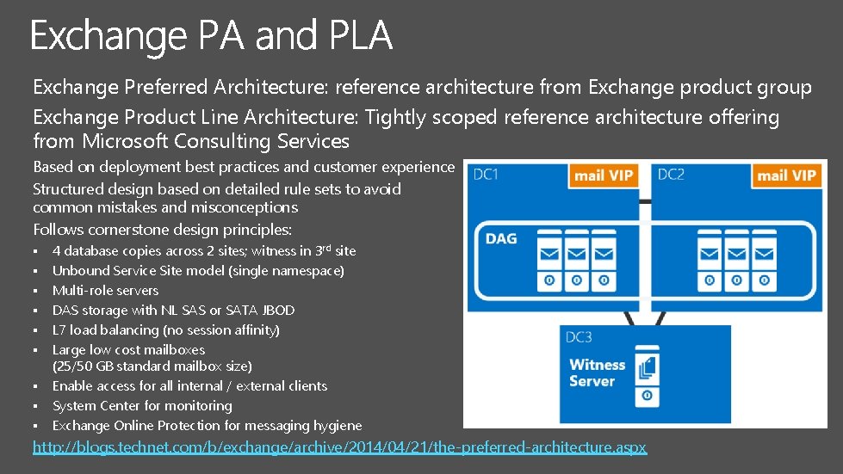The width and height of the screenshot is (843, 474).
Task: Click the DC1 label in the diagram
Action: tap(487, 175)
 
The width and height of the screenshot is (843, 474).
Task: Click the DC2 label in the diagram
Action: tap(671, 175)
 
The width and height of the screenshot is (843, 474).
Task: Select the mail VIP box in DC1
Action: tap(604, 175)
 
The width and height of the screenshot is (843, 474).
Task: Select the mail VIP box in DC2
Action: tap(785, 175)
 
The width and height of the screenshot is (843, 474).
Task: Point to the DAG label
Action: tap(501, 238)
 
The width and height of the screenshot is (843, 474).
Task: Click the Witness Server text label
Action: tap(592, 372)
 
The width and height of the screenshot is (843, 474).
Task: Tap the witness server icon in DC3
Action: tap(648, 370)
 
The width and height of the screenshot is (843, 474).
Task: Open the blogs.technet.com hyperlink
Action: tap(339, 446)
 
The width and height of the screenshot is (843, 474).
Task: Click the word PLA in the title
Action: tap(360, 37)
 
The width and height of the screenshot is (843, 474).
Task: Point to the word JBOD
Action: tap(276, 310)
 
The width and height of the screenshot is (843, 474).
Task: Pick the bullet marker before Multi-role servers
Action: tap(37, 291)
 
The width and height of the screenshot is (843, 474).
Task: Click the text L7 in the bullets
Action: tap(59, 329)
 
